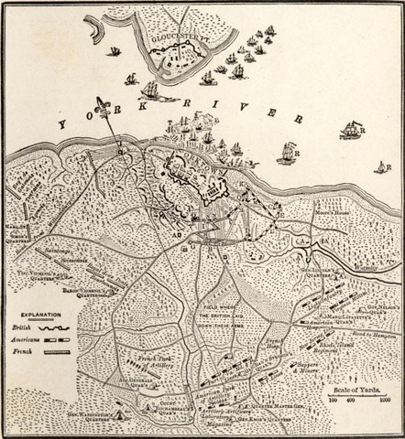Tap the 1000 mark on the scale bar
(386, 402)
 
